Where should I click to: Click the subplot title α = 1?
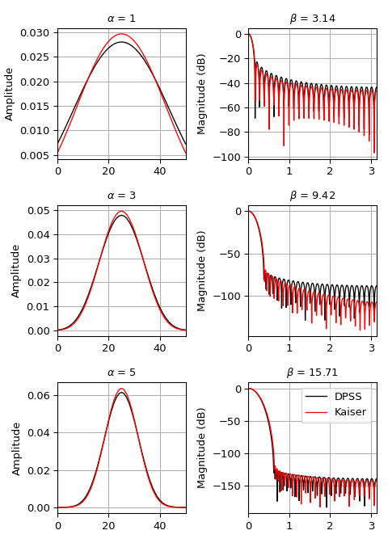[x=121, y=19]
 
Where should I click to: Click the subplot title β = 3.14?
[x=312, y=19]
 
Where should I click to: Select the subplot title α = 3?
[x=121, y=196]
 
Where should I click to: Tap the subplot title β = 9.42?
[x=312, y=196]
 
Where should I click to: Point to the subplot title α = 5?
[x=121, y=373]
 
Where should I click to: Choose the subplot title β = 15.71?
[x=312, y=373]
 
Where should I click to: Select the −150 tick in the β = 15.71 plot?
[x=227, y=486]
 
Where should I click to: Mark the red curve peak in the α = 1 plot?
[x=121, y=35]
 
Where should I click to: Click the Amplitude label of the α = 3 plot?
[x=16, y=271]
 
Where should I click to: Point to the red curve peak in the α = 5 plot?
[x=121, y=389]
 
